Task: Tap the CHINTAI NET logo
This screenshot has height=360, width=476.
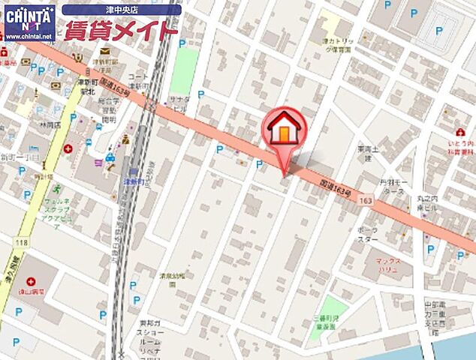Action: click(29, 17)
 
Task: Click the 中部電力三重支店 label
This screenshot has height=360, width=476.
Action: click(435, 316)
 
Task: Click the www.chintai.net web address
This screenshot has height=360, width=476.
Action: click(29, 35)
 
